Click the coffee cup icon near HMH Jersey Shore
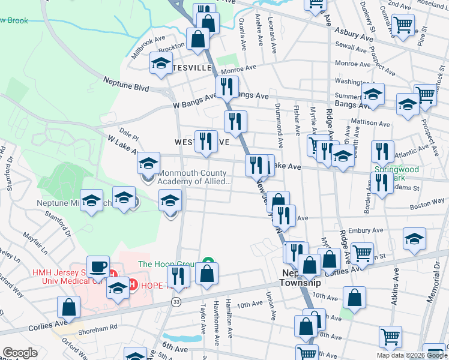click(97, 266)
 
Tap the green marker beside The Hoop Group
click(208, 262)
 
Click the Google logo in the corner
click(20, 353)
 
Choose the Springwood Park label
click(397, 173)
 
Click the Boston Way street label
click(427, 204)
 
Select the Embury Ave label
click(369, 230)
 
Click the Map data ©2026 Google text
click(411, 355)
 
